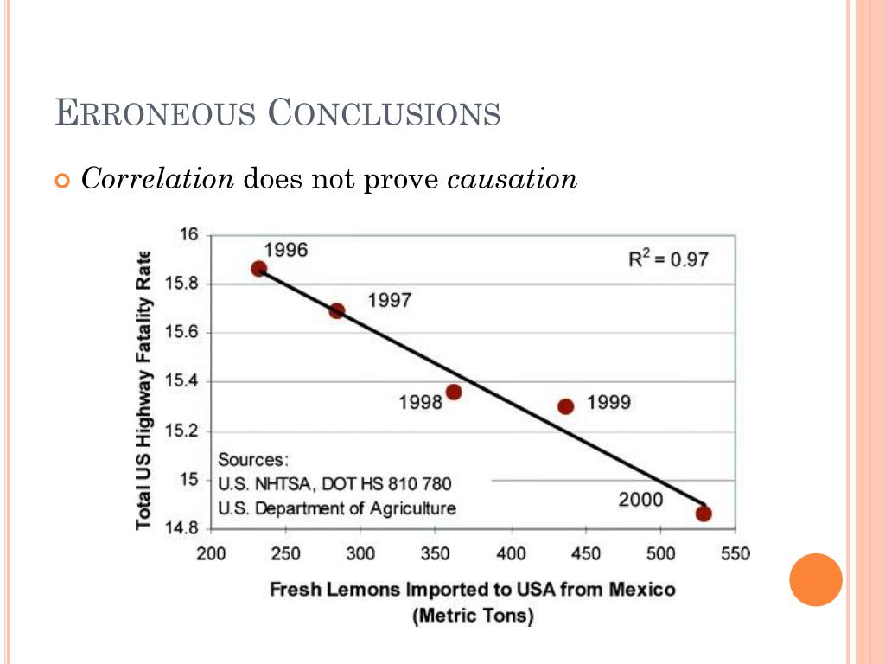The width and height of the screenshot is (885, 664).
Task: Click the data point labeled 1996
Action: (258, 269)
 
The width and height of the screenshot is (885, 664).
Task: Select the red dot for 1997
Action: (337, 310)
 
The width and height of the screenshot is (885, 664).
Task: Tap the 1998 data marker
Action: (454, 392)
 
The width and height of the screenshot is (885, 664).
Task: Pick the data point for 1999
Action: (566, 406)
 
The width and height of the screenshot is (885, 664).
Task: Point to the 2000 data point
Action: (704, 514)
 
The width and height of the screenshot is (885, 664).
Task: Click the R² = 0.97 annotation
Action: (667, 259)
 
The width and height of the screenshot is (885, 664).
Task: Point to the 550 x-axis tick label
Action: (735, 554)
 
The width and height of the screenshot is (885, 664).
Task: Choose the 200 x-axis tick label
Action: (212, 554)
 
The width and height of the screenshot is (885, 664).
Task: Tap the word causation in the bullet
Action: (512, 179)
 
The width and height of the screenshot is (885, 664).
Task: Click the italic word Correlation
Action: (157, 179)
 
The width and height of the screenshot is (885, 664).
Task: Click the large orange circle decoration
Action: (815, 580)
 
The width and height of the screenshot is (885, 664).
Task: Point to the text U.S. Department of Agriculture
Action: (337, 508)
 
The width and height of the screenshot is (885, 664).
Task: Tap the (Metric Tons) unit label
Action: (473, 616)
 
